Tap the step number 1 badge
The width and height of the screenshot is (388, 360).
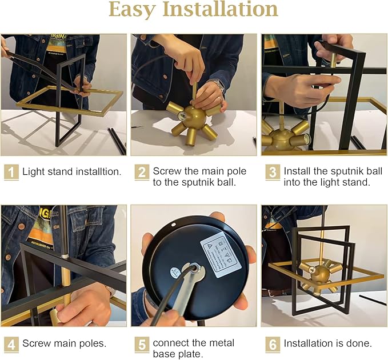click(x=11, y=171)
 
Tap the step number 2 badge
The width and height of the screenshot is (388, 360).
click(x=142, y=171)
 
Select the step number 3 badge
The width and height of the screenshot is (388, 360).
click(x=273, y=171)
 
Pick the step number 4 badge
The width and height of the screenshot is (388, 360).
click(x=11, y=344)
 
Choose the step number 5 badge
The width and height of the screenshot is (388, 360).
click(x=142, y=344)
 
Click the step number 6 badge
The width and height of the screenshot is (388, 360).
click(x=273, y=344)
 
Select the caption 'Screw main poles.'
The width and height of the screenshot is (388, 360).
click(x=64, y=344)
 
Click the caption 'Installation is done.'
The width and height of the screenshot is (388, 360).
click(x=328, y=344)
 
